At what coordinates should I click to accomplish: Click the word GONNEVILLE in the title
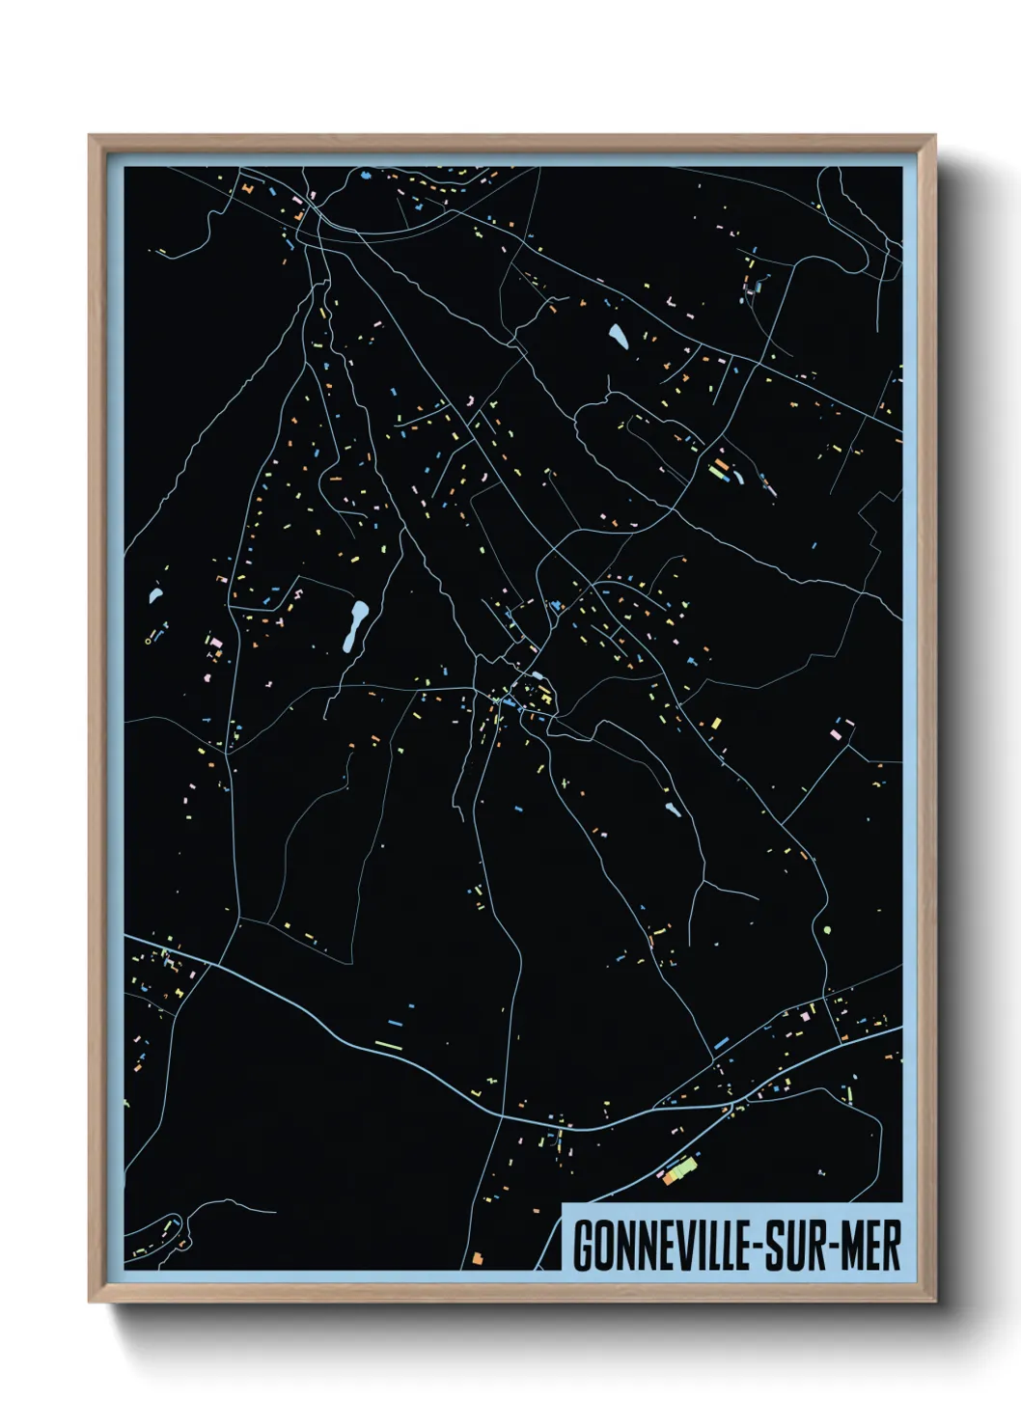pos(667,1246)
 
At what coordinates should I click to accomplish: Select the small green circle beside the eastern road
pos(827,931)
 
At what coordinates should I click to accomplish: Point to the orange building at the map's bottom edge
pos(476,1258)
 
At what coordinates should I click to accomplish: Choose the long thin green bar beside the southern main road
pos(388,1045)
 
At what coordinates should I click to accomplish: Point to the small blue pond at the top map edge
pos(365,176)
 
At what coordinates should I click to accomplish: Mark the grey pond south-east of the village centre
pos(672,809)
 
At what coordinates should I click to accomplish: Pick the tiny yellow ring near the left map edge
pos(148,640)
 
